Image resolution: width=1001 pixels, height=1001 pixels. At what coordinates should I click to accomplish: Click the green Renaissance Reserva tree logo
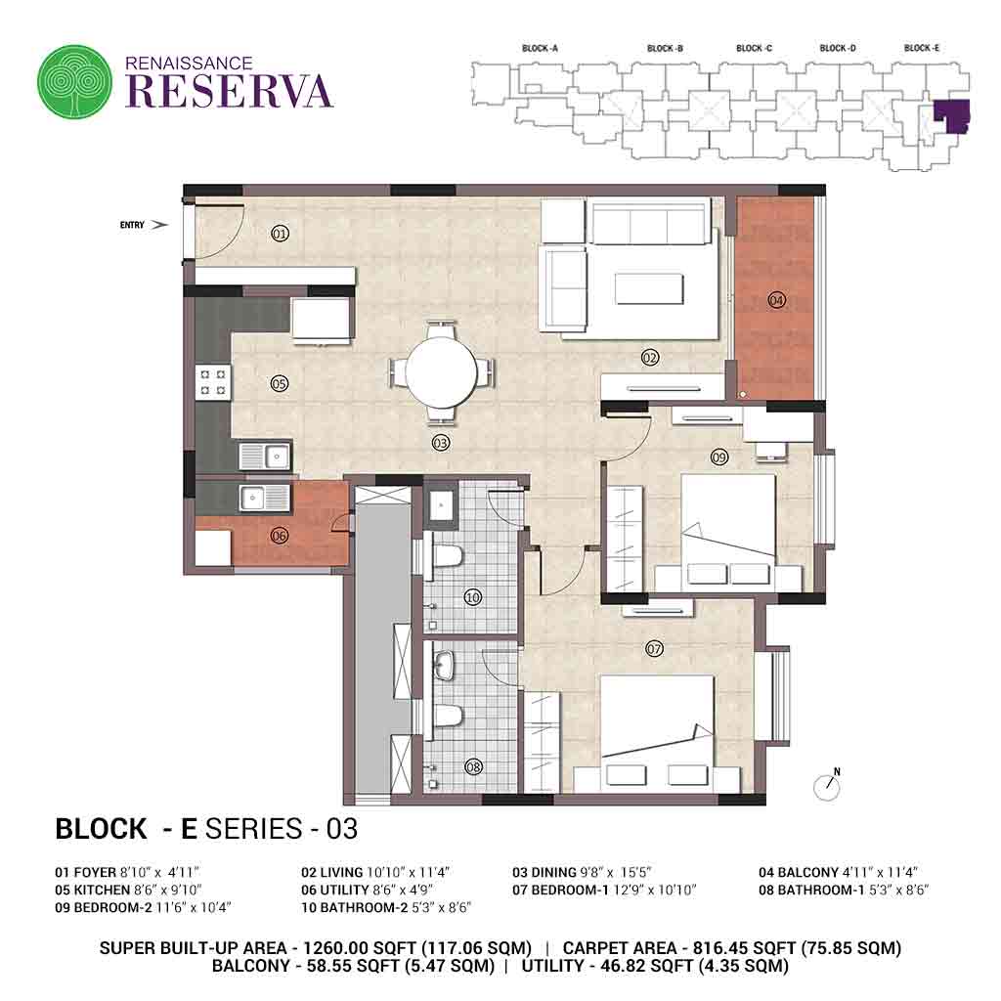coord(74,81)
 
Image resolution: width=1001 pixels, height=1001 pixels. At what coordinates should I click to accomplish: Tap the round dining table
coord(441,371)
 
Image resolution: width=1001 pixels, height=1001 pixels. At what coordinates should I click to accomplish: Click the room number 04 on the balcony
coord(776,299)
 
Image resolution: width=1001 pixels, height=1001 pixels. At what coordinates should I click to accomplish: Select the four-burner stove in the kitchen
coord(213,382)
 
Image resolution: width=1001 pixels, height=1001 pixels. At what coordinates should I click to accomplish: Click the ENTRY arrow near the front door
coord(160,225)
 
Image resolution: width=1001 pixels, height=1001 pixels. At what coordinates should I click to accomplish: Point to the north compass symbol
coord(827,785)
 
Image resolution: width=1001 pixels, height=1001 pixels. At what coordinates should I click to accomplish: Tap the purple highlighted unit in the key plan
coord(952,115)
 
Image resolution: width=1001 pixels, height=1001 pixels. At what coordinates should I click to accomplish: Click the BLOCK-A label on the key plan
coord(540,49)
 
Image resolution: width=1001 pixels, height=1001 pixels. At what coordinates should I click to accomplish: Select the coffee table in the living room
coord(649,288)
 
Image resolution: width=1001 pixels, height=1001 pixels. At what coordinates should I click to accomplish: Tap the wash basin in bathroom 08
coord(444,666)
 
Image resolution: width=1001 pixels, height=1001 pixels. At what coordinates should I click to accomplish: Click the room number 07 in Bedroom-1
coord(654,649)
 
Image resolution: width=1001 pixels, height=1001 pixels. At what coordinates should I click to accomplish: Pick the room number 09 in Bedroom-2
coord(719,457)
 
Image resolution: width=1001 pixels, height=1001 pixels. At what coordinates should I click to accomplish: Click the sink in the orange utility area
coord(264,498)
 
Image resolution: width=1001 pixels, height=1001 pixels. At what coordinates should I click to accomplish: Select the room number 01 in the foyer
coord(280,234)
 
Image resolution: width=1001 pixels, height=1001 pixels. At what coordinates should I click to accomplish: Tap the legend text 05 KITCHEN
coord(93,890)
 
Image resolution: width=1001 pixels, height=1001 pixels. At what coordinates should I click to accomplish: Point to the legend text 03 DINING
coord(544,872)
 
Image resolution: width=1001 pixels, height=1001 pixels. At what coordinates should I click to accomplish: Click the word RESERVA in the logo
coord(229,91)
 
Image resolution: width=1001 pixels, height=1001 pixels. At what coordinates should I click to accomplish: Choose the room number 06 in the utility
coord(279,536)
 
